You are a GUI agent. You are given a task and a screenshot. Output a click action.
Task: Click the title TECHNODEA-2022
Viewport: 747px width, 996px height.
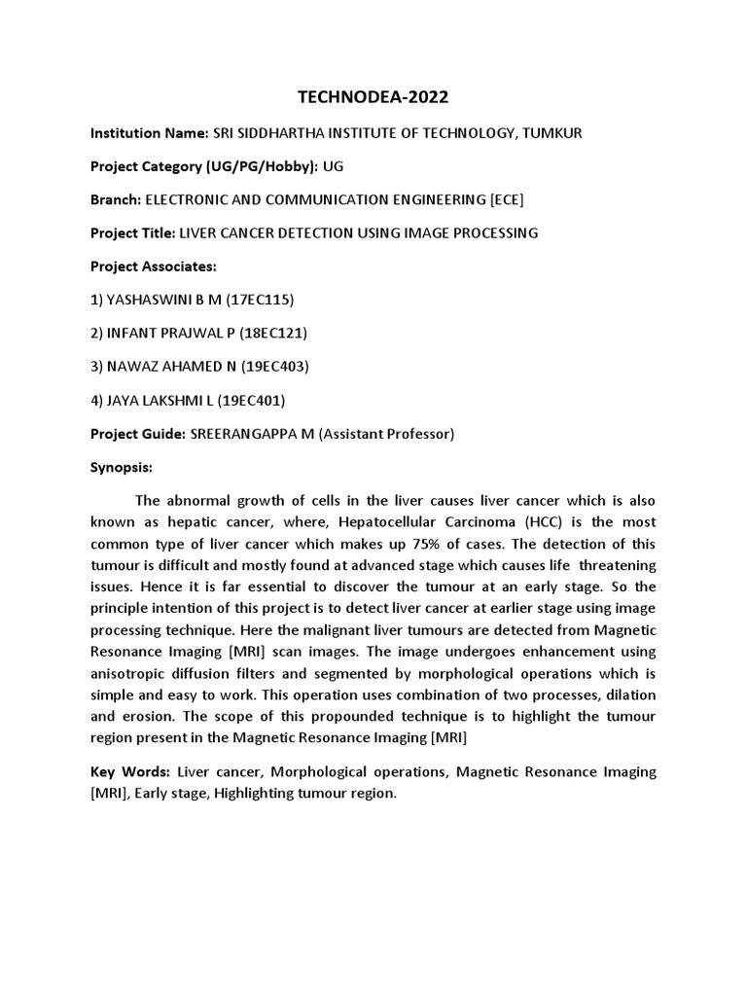click(x=373, y=97)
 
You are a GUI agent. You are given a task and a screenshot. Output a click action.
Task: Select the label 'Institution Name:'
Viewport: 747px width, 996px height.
click(x=149, y=132)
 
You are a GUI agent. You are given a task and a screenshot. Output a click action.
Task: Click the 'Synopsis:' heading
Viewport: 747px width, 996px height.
click(x=122, y=467)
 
